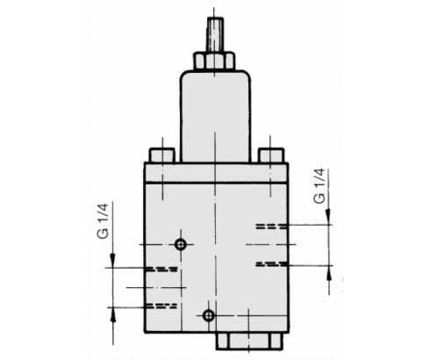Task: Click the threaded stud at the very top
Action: (214, 35)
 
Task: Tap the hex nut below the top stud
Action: (214, 61)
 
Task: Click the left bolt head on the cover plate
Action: (161, 155)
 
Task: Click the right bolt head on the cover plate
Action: (270, 155)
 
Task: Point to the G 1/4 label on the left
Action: (104, 222)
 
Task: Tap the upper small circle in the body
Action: (181, 243)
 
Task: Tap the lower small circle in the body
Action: (208, 315)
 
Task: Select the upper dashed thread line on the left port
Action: (161, 267)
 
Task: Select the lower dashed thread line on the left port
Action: (161, 306)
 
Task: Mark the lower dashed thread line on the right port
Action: (270, 263)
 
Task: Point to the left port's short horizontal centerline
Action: (145, 286)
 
